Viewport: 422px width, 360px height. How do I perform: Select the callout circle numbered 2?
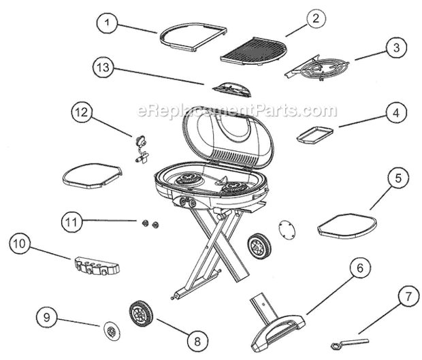[x=314, y=19]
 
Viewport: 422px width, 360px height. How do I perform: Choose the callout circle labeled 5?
[x=398, y=179]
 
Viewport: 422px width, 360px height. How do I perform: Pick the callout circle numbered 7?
[x=389, y=297]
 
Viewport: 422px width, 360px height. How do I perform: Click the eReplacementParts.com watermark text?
[x=237, y=110]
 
